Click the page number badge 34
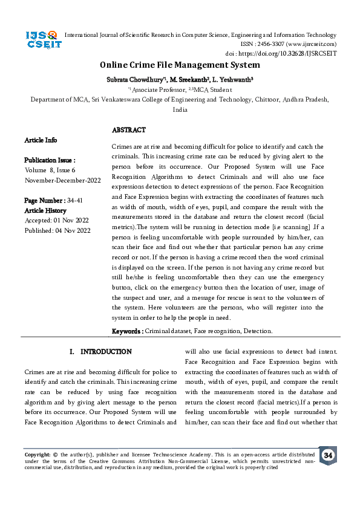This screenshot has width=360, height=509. pyautogui.click(x=328, y=455)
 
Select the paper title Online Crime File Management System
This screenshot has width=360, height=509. pyautogui.click(x=180, y=65)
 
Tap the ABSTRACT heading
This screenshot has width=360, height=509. pyautogui.click(x=129, y=130)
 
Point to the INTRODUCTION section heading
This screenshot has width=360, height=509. pyautogui.click(x=100, y=351)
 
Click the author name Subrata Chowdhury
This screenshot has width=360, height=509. pyautogui.click(x=136, y=79)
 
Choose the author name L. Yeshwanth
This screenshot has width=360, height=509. pyautogui.click(x=233, y=79)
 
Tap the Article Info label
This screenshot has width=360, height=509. pyautogui.click(x=41, y=140)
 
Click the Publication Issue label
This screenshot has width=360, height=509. pyautogui.click(x=50, y=160)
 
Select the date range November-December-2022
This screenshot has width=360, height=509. pyautogui.click(x=62, y=180)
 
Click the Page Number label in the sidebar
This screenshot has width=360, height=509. pyautogui.click(x=45, y=200)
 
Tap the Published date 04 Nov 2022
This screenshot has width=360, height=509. pyautogui.click(x=57, y=230)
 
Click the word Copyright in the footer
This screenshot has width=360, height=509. pyautogui.click(x=37, y=454)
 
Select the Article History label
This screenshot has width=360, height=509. pyautogui.click(x=46, y=210)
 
